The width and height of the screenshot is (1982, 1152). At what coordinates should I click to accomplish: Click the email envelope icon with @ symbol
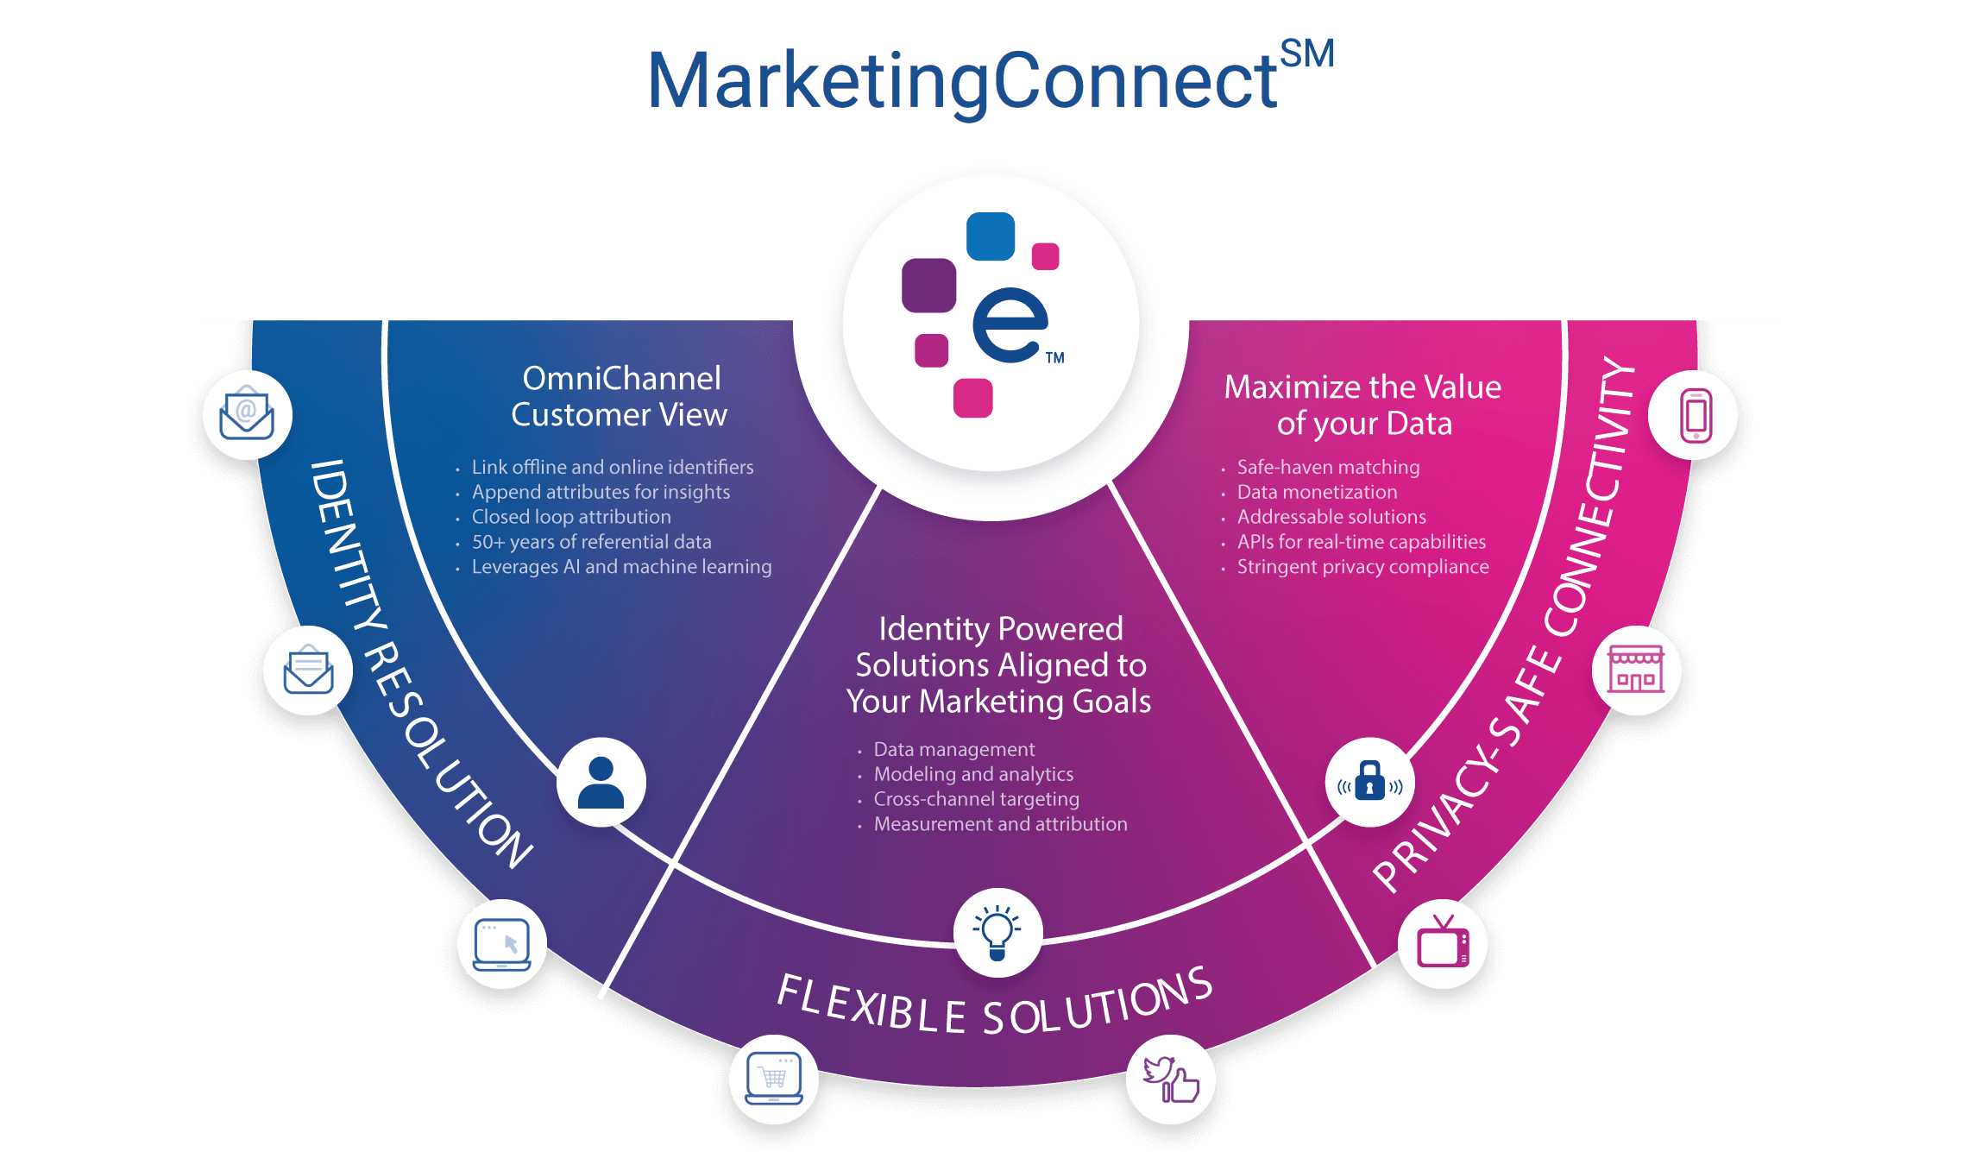[247, 415]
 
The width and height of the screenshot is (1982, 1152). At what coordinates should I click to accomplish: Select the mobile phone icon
[1695, 415]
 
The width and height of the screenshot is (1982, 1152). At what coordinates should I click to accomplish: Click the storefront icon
[1635, 670]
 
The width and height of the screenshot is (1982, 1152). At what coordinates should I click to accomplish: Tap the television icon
[1443, 943]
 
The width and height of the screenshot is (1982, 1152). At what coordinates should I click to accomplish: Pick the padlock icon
[1369, 782]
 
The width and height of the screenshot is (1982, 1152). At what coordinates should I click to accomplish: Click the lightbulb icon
[997, 932]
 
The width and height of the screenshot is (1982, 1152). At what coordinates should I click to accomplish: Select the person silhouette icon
[601, 782]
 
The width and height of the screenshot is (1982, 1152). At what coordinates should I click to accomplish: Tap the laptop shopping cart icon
[773, 1079]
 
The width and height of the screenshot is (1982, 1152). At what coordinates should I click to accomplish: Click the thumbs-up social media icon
[1171, 1079]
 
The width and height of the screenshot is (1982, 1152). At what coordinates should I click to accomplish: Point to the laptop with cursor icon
[502, 943]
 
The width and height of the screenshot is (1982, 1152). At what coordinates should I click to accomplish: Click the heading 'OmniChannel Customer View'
[620, 397]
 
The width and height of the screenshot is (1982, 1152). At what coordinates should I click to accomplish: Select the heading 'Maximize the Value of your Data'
[1363, 406]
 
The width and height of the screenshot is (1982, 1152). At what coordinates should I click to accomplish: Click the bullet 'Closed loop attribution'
[570, 517]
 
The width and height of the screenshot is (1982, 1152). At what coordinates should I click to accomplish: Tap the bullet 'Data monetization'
[1317, 492]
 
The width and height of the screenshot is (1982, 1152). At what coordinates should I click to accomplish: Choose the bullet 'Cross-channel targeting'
[976, 799]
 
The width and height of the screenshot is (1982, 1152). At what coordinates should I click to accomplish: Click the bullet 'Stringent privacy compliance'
[1362, 567]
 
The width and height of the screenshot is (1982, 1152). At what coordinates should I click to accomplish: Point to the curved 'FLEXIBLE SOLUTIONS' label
[995, 1004]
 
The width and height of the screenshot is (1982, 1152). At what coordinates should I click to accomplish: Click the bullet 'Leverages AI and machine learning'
[621, 567]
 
